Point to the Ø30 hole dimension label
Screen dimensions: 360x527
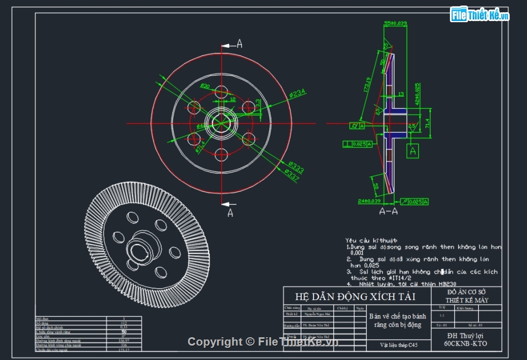point(205,87)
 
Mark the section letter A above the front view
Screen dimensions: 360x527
point(240,44)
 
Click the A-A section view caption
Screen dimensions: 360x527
point(388,211)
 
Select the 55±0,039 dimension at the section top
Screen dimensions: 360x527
point(396,23)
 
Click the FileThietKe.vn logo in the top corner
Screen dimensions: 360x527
point(480,15)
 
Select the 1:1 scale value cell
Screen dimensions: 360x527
point(442,315)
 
